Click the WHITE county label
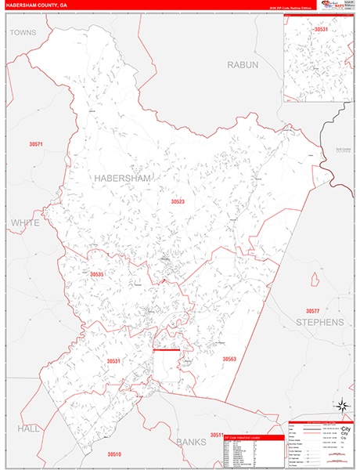click(23, 223)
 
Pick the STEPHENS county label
click(319, 322)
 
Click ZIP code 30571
click(36, 144)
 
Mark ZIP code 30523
click(178, 201)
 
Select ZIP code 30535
click(96, 274)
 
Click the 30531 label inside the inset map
click(321, 29)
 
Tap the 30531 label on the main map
click(115, 361)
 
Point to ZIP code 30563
click(229, 359)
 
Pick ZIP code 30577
click(313, 289)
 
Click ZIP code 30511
click(217, 434)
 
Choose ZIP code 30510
click(114, 454)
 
